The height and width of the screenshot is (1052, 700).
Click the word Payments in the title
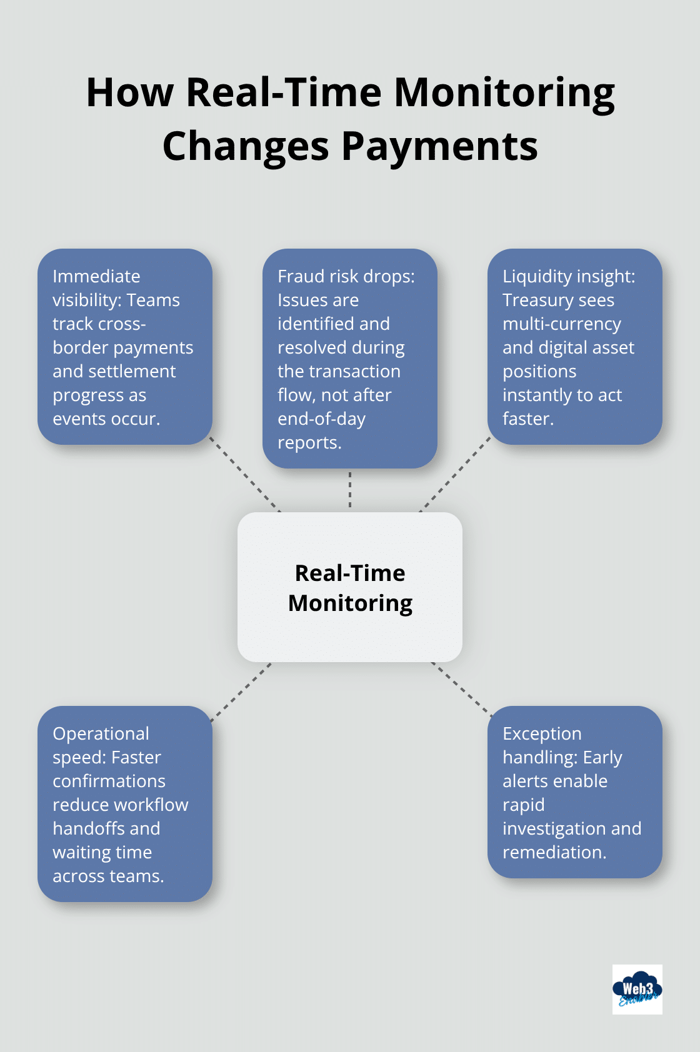click(x=439, y=146)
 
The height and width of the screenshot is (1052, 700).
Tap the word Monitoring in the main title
click(x=504, y=92)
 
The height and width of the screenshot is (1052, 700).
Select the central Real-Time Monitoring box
click(x=350, y=587)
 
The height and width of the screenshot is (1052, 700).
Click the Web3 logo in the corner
click(x=637, y=989)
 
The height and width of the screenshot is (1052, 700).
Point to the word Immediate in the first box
click(x=96, y=276)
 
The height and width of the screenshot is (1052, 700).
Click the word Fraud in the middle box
click(x=299, y=276)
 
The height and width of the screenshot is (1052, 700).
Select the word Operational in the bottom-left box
click(x=101, y=733)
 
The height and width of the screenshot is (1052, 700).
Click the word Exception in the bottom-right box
click(x=542, y=733)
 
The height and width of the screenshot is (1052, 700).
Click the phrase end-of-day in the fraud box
click(x=321, y=419)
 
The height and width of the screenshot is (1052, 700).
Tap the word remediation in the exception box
click(x=554, y=852)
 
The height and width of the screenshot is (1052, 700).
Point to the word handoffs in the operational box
click(x=79, y=828)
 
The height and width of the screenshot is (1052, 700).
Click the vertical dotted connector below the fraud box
click(x=350, y=490)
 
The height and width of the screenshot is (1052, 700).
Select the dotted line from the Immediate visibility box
click(x=244, y=474)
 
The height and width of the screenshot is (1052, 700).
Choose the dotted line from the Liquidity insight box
click(x=455, y=474)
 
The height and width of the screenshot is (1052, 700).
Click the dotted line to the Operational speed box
click(x=241, y=692)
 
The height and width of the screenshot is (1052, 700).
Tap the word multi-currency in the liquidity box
click(x=561, y=324)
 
